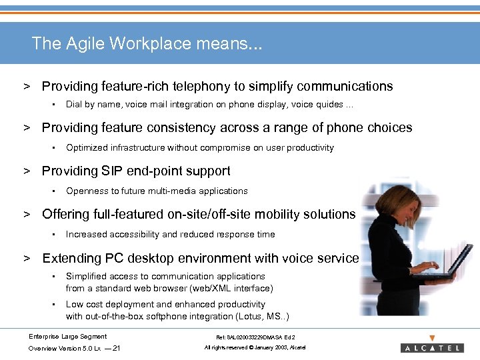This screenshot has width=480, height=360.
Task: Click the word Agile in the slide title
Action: click(85, 44)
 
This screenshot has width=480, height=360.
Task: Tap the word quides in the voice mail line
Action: click(329, 104)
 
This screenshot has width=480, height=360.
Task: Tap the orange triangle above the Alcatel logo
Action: click(433, 337)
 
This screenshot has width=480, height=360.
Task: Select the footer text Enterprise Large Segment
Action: click(67, 336)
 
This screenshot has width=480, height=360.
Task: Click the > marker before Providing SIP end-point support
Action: click(28, 171)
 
